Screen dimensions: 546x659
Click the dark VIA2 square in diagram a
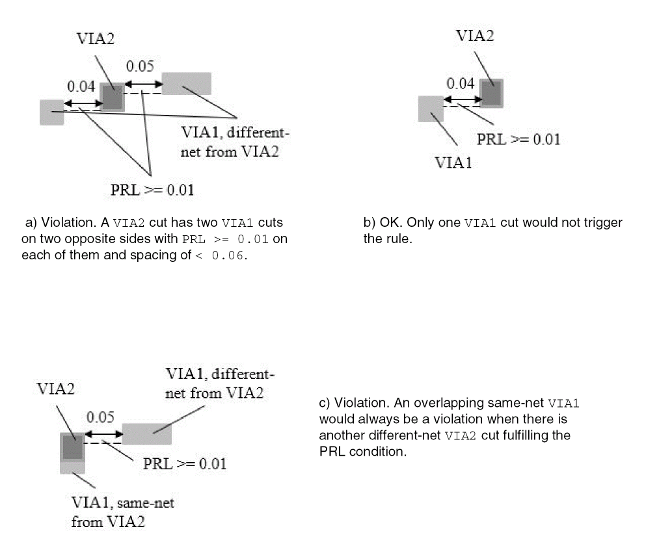click(112, 97)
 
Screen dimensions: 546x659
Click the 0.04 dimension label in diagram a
click(81, 86)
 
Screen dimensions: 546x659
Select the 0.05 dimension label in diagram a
click(140, 66)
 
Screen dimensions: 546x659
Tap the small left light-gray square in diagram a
click(52, 112)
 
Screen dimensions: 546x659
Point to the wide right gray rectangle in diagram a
click(187, 83)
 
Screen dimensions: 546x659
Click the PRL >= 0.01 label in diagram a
click(152, 190)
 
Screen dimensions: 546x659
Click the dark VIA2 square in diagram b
click(492, 92)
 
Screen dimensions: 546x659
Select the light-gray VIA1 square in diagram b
click(431, 109)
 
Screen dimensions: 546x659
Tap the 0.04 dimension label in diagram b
click(460, 83)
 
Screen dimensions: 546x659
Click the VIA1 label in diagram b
click(453, 162)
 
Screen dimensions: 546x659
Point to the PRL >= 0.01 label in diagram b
click(518, 139)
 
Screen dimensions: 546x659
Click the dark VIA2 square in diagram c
click(72, 447)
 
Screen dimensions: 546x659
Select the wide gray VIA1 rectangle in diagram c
click(147, 434)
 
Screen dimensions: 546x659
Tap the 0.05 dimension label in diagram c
click(100, 417)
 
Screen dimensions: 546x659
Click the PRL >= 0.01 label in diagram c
click(185, 463)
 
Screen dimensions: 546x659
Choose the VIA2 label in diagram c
click(55, 389)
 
